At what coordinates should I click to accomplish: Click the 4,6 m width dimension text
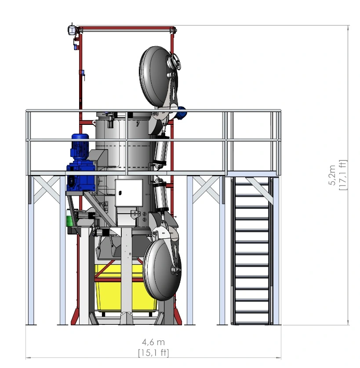coord(153,342)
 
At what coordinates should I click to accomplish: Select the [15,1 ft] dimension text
coord(153,353)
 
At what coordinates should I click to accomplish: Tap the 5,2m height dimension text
coord(332,175)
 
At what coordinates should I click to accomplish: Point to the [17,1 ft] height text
coord(342,175)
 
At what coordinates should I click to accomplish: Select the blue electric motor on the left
coord(80,162)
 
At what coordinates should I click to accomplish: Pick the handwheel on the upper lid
coord(175,62)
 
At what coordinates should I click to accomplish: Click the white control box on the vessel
coord(129,193)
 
